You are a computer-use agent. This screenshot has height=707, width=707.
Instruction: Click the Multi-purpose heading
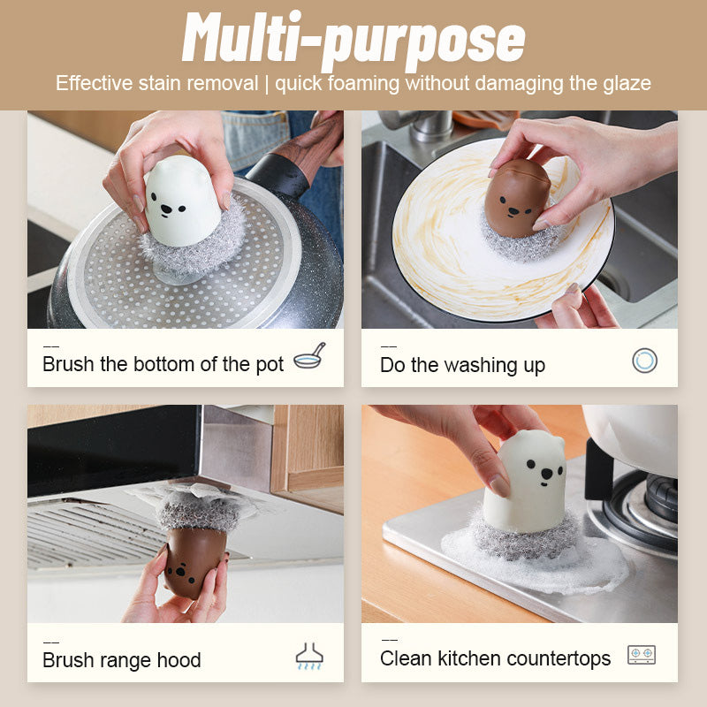pyautogui.click(x=353, y=40)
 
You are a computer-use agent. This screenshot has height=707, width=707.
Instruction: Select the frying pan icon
pyautogui.click(x=309, y=356)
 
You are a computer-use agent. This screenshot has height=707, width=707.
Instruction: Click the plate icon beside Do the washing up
pyautogui.click(x=645, y=360)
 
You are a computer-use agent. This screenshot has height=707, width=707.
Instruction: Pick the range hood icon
pyautogui.click(x=309, y=655)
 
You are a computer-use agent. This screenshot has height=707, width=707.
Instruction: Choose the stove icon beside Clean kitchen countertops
pyautogui.click(x=642, y=655)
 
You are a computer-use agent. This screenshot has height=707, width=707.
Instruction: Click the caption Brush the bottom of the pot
pyautogui.click(x=163, y=364)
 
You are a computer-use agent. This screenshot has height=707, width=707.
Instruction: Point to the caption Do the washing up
pyautogui.click(x=462, y=364)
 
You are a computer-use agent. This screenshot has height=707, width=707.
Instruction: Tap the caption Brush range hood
pyautogui.click(x=122, y=659)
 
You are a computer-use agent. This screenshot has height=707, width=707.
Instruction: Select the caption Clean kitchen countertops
pyautogui.click(x=495, y=658)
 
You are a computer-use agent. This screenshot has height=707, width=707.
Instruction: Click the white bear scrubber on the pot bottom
pyautogui.click(x=184, y=205)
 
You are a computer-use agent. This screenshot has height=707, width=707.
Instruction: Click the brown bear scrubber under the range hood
pyautogui.click(x=192, y=559)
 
